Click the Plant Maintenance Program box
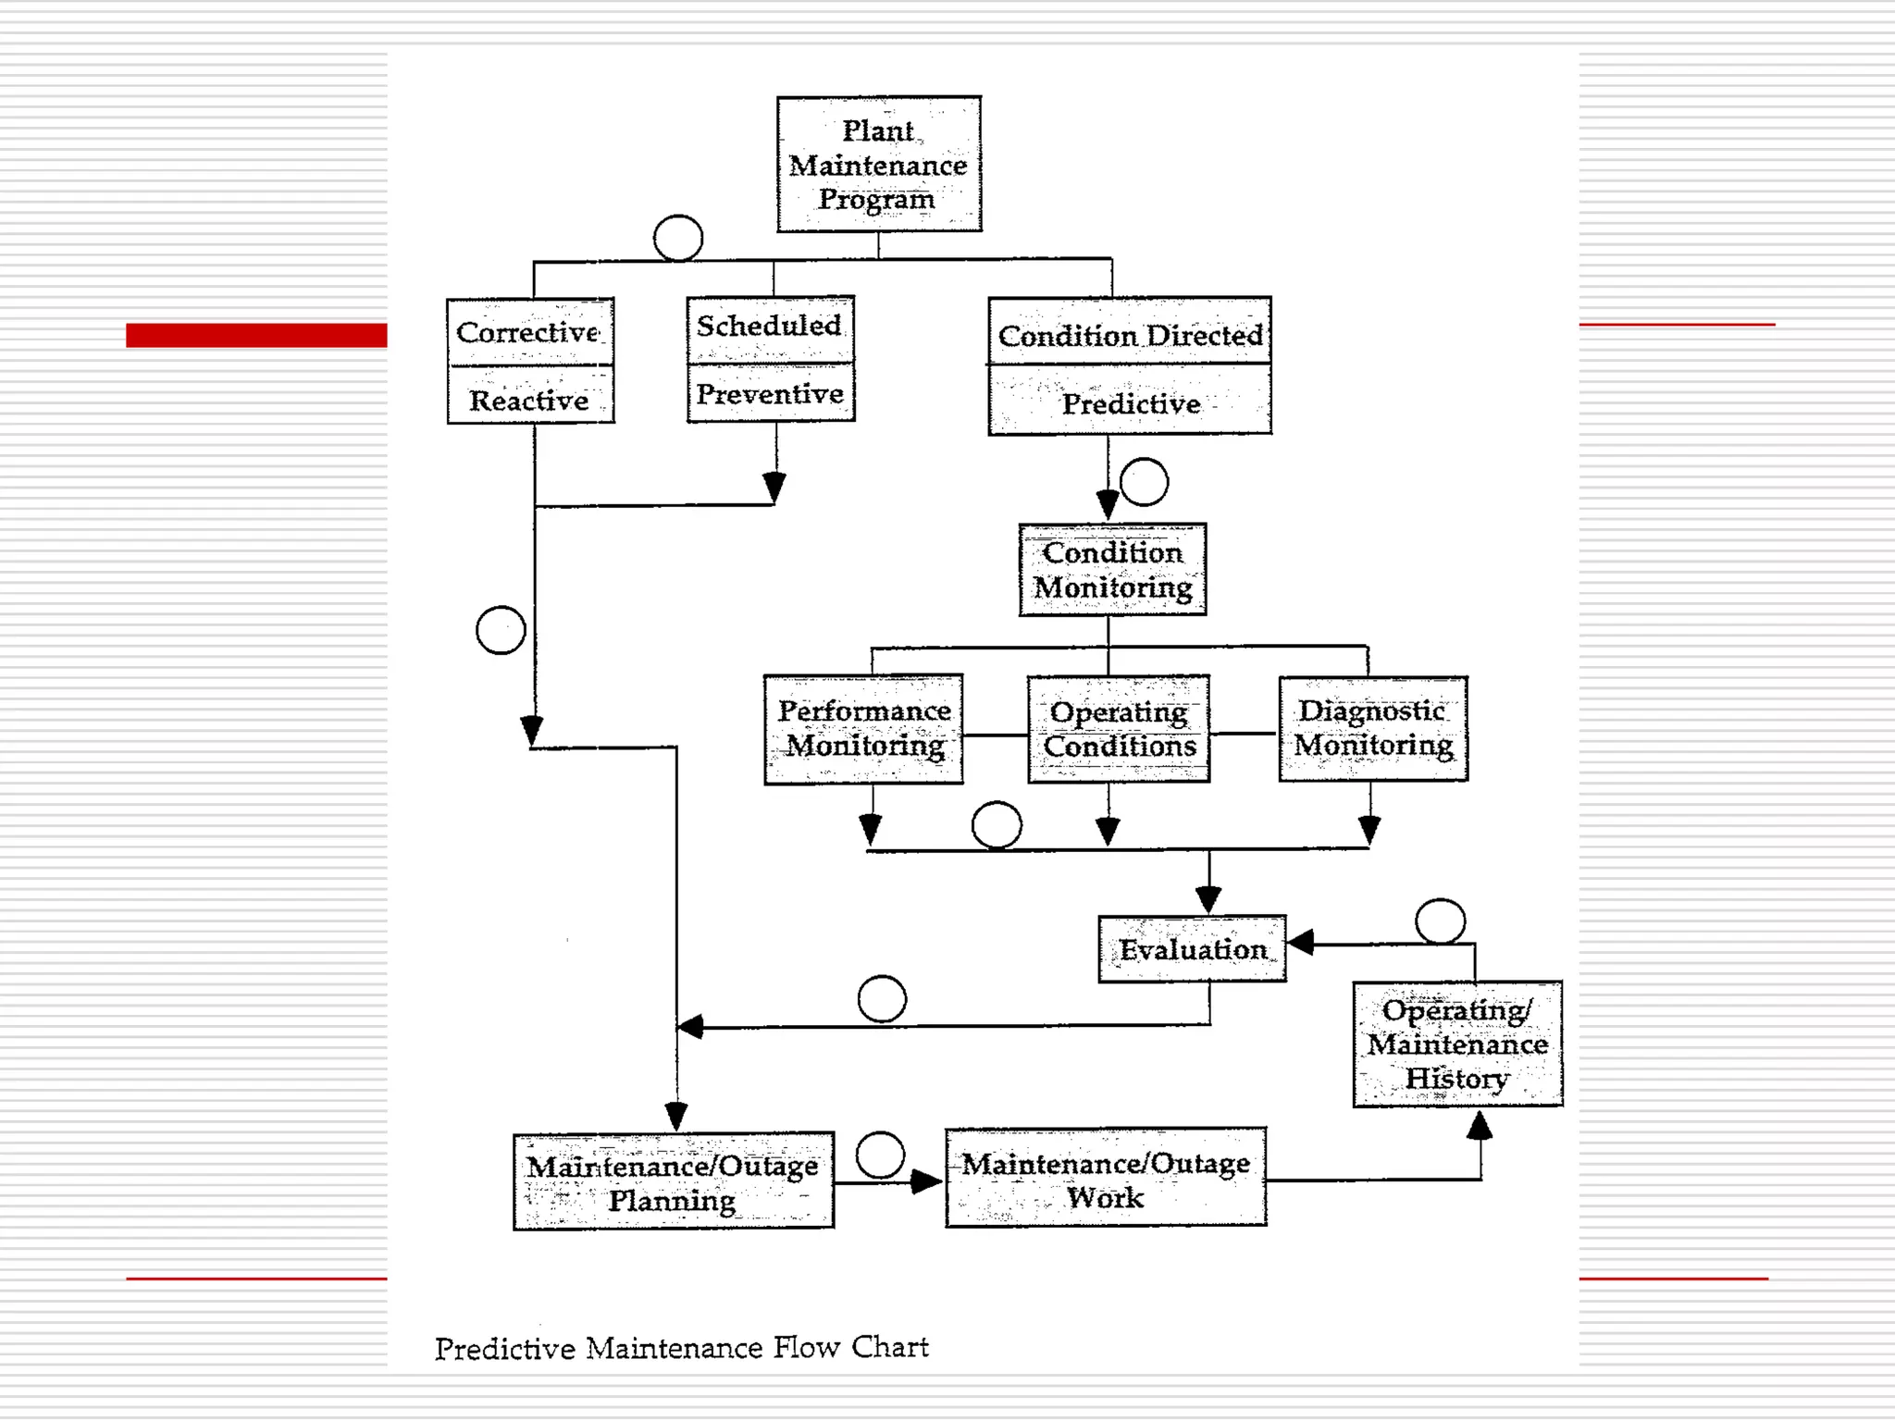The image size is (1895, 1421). (x=878, y=164)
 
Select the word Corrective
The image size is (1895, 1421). (x=528, y=332)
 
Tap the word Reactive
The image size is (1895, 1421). (x=528, y=400)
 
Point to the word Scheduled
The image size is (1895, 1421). (x=769, y=326)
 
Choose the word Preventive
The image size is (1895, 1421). (x=769, y=394)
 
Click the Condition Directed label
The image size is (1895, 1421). (x=1130, y=335)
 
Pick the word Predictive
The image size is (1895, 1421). (x=1130, y=403)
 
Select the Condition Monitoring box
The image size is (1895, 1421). (x=1112, y=570)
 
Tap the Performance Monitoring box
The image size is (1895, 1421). (x=863, y=729)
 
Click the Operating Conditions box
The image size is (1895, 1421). (x=1119, y=729)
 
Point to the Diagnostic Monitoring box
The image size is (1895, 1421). (x=1373, y=728)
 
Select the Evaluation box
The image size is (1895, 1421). (x=1192, y=949)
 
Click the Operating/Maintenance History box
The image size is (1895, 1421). (x=1457, y=1044)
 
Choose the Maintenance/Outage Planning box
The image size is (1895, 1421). (x=673, y=1181)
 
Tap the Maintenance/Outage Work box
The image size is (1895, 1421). (x=1106, y=1178)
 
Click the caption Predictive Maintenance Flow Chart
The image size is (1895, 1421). (x=681, y=1348)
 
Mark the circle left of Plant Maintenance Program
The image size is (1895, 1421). (x=678, y=238)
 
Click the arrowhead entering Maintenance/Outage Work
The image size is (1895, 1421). (x=926, y=1181)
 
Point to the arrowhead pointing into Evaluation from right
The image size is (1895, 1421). (x=1301, y=943)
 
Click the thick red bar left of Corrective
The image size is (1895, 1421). (x=256, y=335)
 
